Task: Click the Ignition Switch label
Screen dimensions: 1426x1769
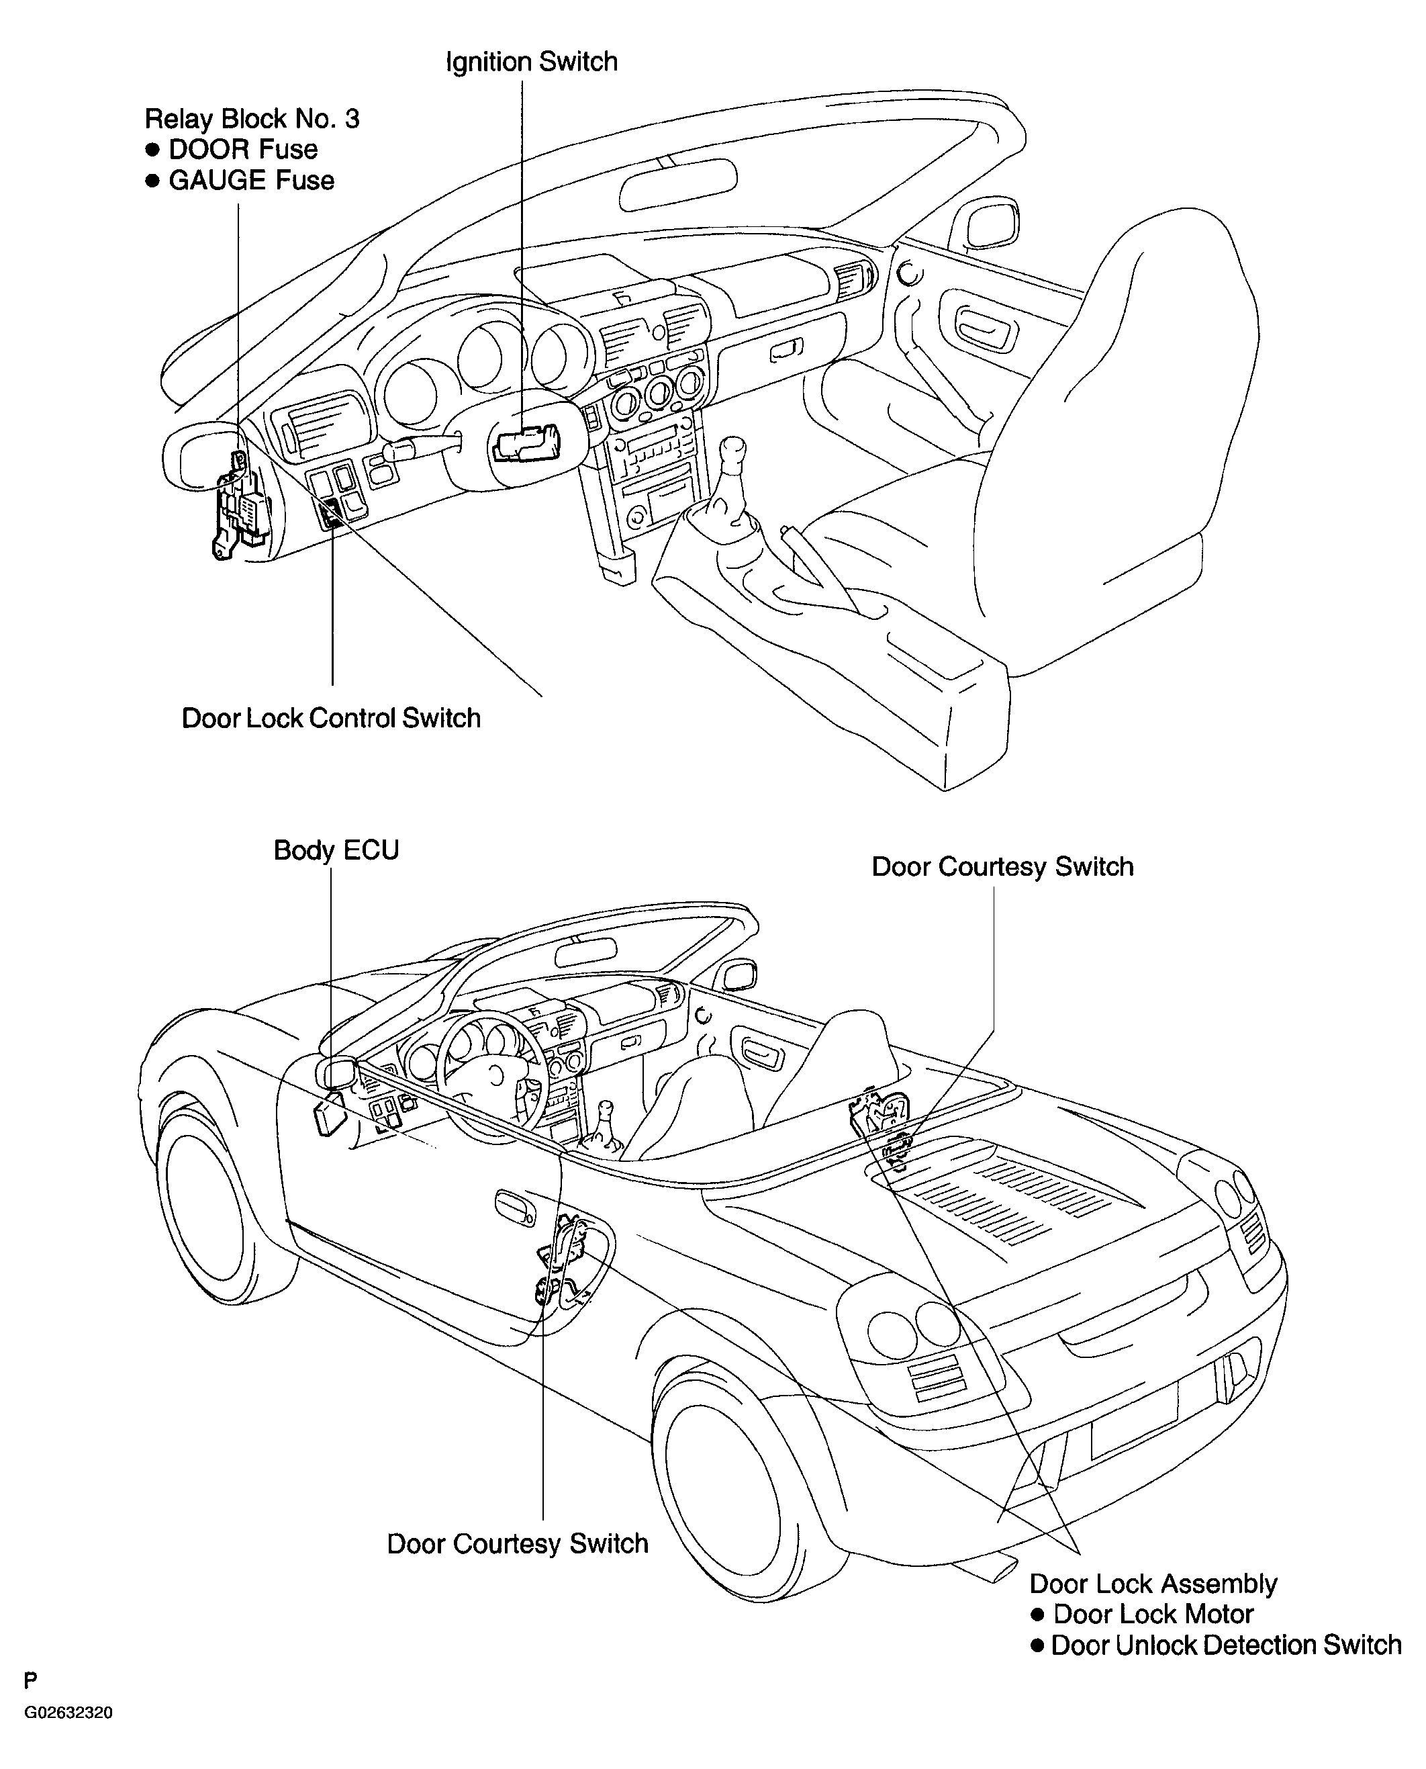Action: tap(532, 62)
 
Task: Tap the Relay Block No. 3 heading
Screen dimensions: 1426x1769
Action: tap(252, 119)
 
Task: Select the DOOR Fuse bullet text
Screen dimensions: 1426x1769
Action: tap(243, 150)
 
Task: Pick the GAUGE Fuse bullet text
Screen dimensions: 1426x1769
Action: tap(251, 181)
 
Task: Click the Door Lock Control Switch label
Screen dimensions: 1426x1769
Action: tap(331, 718)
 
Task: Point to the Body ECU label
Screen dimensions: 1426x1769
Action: tap(336, 850)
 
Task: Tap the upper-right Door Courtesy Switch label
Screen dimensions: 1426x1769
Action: tap(1002, 867)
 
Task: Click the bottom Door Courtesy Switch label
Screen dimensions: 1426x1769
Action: tap(518, 1544)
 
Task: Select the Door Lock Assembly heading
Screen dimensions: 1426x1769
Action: tap(1153, 1584)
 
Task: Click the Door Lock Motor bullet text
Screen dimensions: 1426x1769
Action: tap(1153, 1615)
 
